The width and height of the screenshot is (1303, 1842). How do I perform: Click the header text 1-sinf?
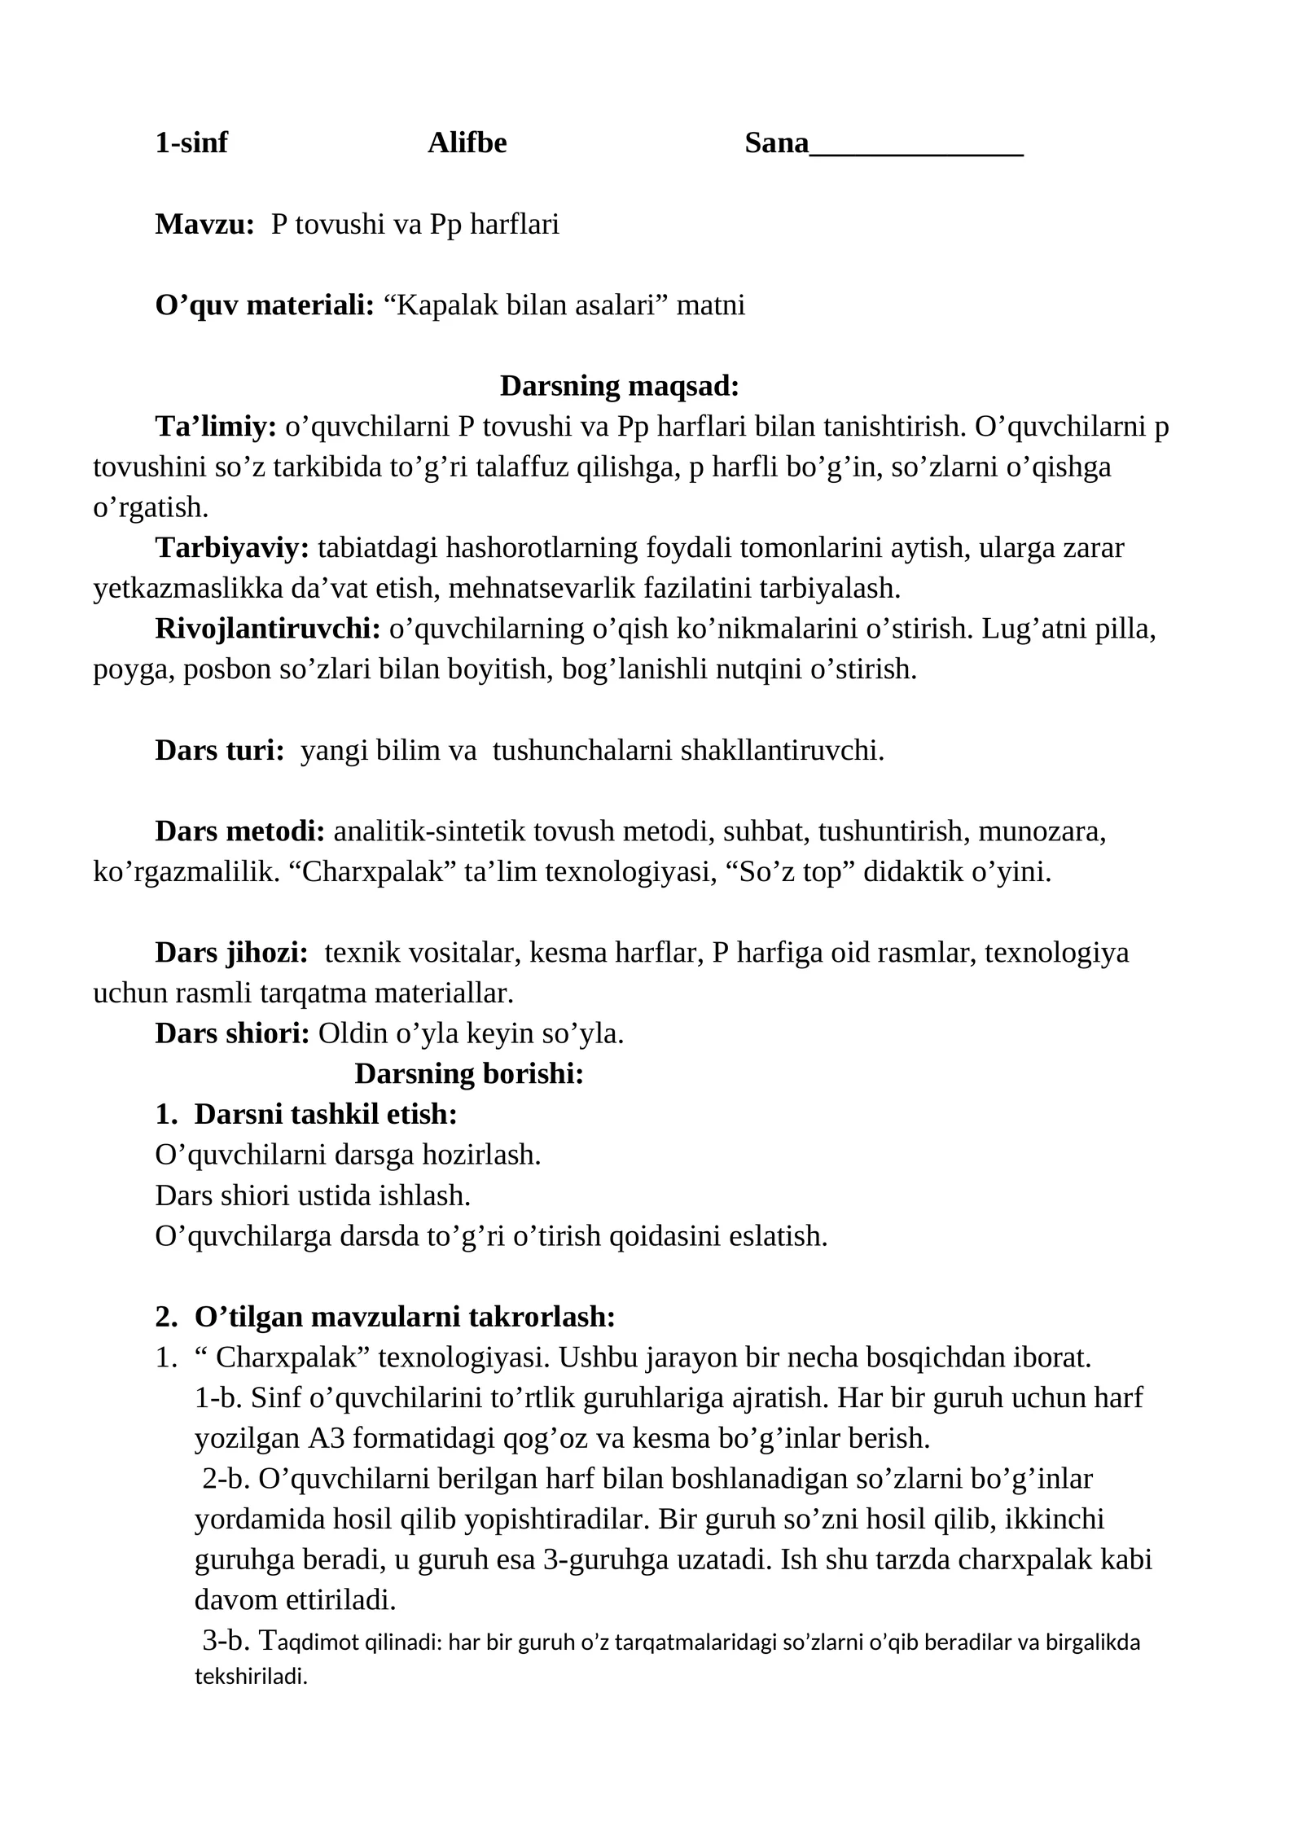pyautogui.click(x=191, y=143)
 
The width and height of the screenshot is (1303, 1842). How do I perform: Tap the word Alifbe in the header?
pyautogui.click(x=467, y=143)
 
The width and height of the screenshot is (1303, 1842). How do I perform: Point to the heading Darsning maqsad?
pyautogui.click(x=619, y=386)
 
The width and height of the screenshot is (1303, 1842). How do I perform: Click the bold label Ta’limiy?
pyautogui.click(x=216, y=427)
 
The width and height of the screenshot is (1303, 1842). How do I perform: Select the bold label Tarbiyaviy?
pyautogui.click(x=232, y=548)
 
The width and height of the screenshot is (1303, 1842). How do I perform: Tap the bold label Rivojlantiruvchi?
pyautogui.click(x=268, y=629)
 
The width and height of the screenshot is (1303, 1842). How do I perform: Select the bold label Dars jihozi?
pyautogui.click(x=231, y=953)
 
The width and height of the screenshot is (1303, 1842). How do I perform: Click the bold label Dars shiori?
pyautogui.click(x=232, y=1033)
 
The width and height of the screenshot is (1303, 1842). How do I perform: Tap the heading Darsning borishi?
pyautogui.click(x=469, y=1074)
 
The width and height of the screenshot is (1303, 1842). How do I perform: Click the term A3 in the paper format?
pyautogui.click(x=326, y=1438)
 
